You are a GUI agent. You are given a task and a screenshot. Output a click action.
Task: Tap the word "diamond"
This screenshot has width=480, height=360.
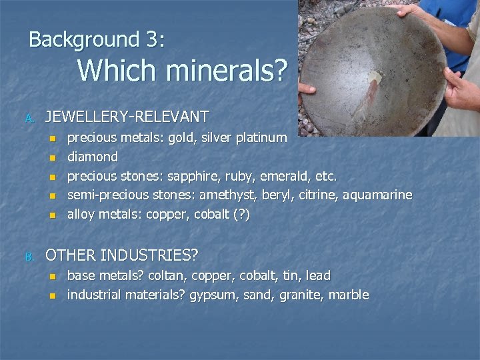pos(93,157)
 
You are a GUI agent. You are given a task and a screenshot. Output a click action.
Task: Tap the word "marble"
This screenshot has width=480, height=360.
pos(347,295)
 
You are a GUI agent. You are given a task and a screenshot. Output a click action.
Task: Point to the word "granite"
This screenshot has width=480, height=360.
pos(298,295)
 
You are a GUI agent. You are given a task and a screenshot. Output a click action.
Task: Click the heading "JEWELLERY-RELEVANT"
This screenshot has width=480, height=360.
pos(127,117)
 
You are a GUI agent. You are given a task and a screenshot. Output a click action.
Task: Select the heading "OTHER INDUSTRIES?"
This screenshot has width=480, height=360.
pos(121,255)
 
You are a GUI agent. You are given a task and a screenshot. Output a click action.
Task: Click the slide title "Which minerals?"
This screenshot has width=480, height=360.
pos(183,71)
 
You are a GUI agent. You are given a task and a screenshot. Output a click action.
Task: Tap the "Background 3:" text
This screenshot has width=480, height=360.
pos(97,39)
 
